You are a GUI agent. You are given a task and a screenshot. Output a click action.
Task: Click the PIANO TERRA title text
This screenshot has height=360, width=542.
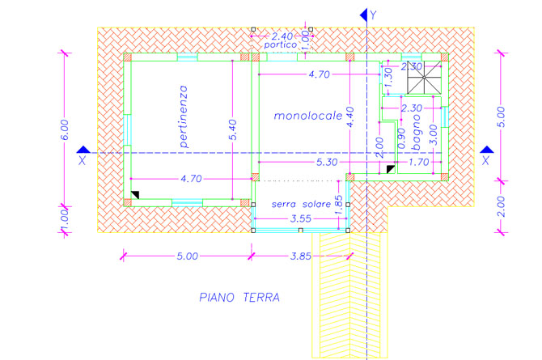[239, 298]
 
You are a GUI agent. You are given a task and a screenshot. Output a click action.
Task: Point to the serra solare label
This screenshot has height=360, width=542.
[300, 203]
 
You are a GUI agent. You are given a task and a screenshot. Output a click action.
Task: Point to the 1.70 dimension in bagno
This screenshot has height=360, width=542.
[418, 163]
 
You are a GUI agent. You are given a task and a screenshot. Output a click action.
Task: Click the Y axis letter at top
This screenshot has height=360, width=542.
[374, 15]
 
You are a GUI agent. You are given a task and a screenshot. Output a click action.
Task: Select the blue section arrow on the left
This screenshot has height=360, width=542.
[83, 151]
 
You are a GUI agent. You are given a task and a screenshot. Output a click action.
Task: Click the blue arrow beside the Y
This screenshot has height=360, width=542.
[362, 14]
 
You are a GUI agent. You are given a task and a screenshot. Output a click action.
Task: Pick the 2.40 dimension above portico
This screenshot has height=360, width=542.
[282, 36]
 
